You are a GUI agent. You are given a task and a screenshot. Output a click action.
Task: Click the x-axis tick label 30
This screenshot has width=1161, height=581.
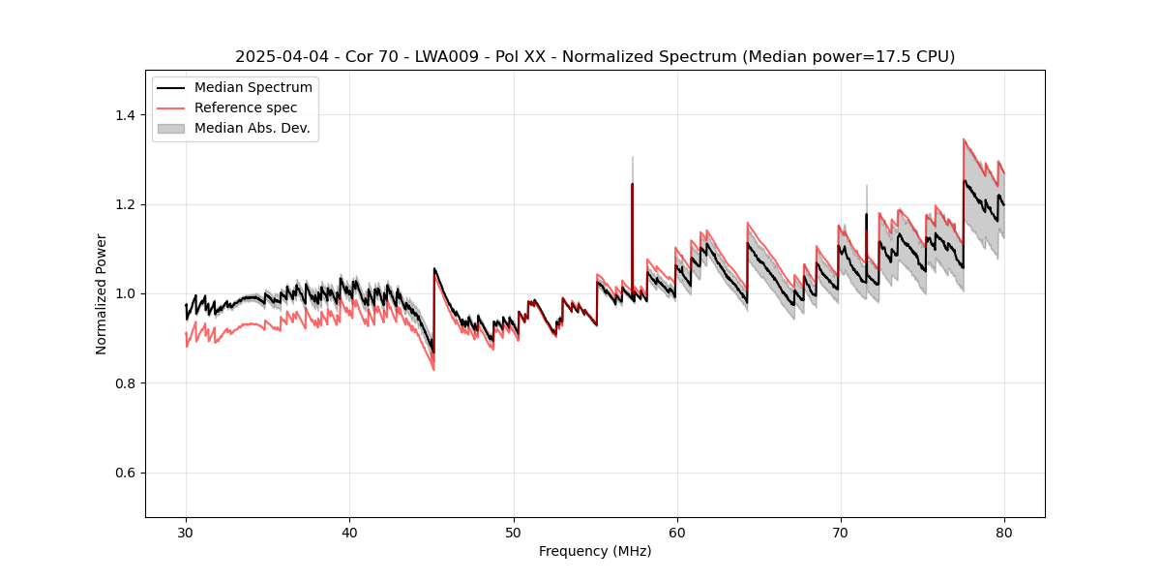[186, 532]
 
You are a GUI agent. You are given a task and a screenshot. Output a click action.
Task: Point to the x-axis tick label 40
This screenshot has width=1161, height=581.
[349, 532]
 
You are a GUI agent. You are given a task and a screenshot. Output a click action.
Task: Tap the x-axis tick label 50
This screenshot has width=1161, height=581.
[514, 532]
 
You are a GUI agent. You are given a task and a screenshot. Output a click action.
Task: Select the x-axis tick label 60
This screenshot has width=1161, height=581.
[677, 532]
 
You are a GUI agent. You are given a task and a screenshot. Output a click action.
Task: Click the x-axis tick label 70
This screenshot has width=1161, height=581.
[841, 532]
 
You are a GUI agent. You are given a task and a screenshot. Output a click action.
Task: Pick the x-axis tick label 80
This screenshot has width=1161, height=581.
[1004, 532]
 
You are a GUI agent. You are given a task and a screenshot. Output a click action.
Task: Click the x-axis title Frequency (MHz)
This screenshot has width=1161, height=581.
[595, 551]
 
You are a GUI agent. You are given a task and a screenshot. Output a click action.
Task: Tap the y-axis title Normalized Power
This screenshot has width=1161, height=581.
[102, 293]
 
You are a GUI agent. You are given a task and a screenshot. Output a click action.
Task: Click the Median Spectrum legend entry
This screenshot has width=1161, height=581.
[253, 88]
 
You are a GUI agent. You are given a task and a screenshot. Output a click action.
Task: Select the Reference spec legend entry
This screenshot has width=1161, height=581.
[246, 107]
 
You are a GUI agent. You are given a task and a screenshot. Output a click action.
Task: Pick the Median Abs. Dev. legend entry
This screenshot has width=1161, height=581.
[252, 128]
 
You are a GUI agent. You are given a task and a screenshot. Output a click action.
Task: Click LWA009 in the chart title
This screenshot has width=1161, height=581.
[444, 57]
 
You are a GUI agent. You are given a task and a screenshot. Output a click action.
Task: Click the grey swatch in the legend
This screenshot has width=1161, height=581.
[171, 128]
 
